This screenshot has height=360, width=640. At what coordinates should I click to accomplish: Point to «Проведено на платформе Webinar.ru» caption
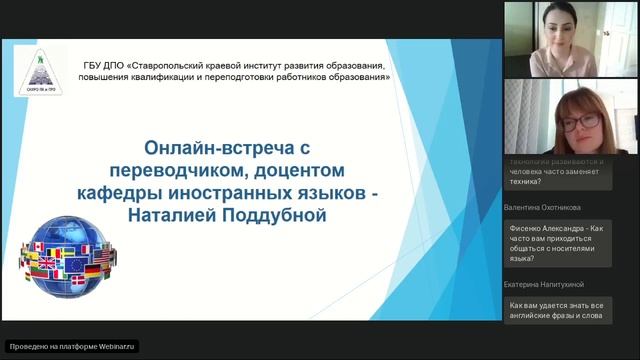[x=71, y=347]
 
